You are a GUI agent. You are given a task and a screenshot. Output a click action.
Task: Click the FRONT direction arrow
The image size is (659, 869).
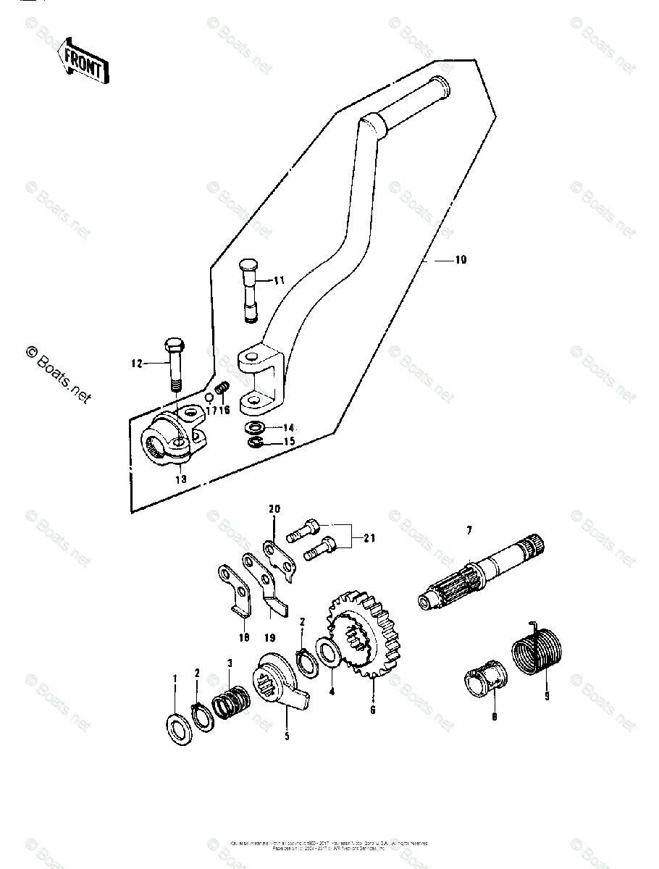[84, 61]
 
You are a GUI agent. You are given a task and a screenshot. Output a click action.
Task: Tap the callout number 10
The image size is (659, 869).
[461, 260]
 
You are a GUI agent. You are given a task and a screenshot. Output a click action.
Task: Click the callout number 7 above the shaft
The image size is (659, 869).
[469, 531]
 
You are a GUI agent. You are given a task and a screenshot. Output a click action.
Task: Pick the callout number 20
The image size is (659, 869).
[274, 509]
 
